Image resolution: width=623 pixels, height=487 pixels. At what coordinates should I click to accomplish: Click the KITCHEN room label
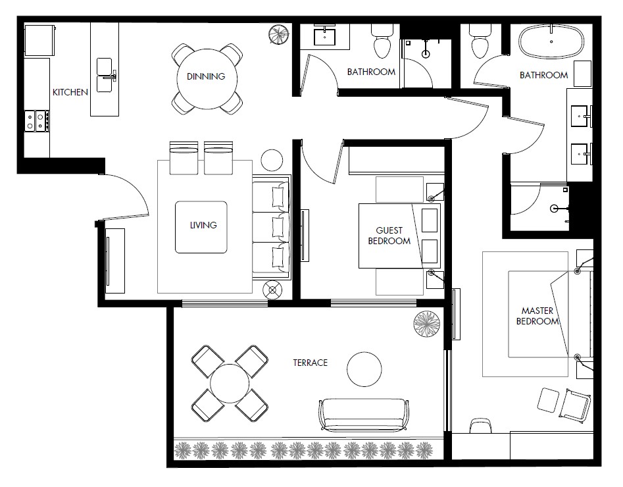70,92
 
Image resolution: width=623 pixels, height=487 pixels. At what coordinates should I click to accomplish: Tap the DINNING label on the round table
206,76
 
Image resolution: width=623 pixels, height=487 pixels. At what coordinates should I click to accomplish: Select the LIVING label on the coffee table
203,225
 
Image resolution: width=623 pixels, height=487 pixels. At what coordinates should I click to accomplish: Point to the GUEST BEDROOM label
389,236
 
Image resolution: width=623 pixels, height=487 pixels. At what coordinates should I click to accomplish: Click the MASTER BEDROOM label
537,316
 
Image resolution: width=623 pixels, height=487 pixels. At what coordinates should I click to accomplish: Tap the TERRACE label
310,363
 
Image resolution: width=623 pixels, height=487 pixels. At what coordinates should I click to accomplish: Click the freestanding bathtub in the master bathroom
551,41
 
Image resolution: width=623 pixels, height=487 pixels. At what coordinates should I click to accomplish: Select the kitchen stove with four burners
37,121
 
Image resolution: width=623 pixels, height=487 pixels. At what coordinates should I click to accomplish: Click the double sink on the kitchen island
105,75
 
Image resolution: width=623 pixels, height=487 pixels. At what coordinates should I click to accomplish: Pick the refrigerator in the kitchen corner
39,40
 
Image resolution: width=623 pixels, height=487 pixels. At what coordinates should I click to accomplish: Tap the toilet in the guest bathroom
383,41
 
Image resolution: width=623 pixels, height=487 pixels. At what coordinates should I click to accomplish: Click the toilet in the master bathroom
480,41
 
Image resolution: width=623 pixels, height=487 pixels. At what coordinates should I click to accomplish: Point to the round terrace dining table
230,383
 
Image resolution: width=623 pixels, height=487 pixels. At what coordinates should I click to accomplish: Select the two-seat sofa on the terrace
364,415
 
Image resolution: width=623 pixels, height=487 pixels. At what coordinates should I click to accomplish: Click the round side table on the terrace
364,369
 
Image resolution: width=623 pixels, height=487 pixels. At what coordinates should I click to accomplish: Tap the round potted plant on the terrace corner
427,323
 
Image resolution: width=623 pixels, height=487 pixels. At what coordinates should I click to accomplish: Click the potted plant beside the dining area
278,35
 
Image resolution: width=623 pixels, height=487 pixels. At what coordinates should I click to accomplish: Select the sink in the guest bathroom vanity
325,37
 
